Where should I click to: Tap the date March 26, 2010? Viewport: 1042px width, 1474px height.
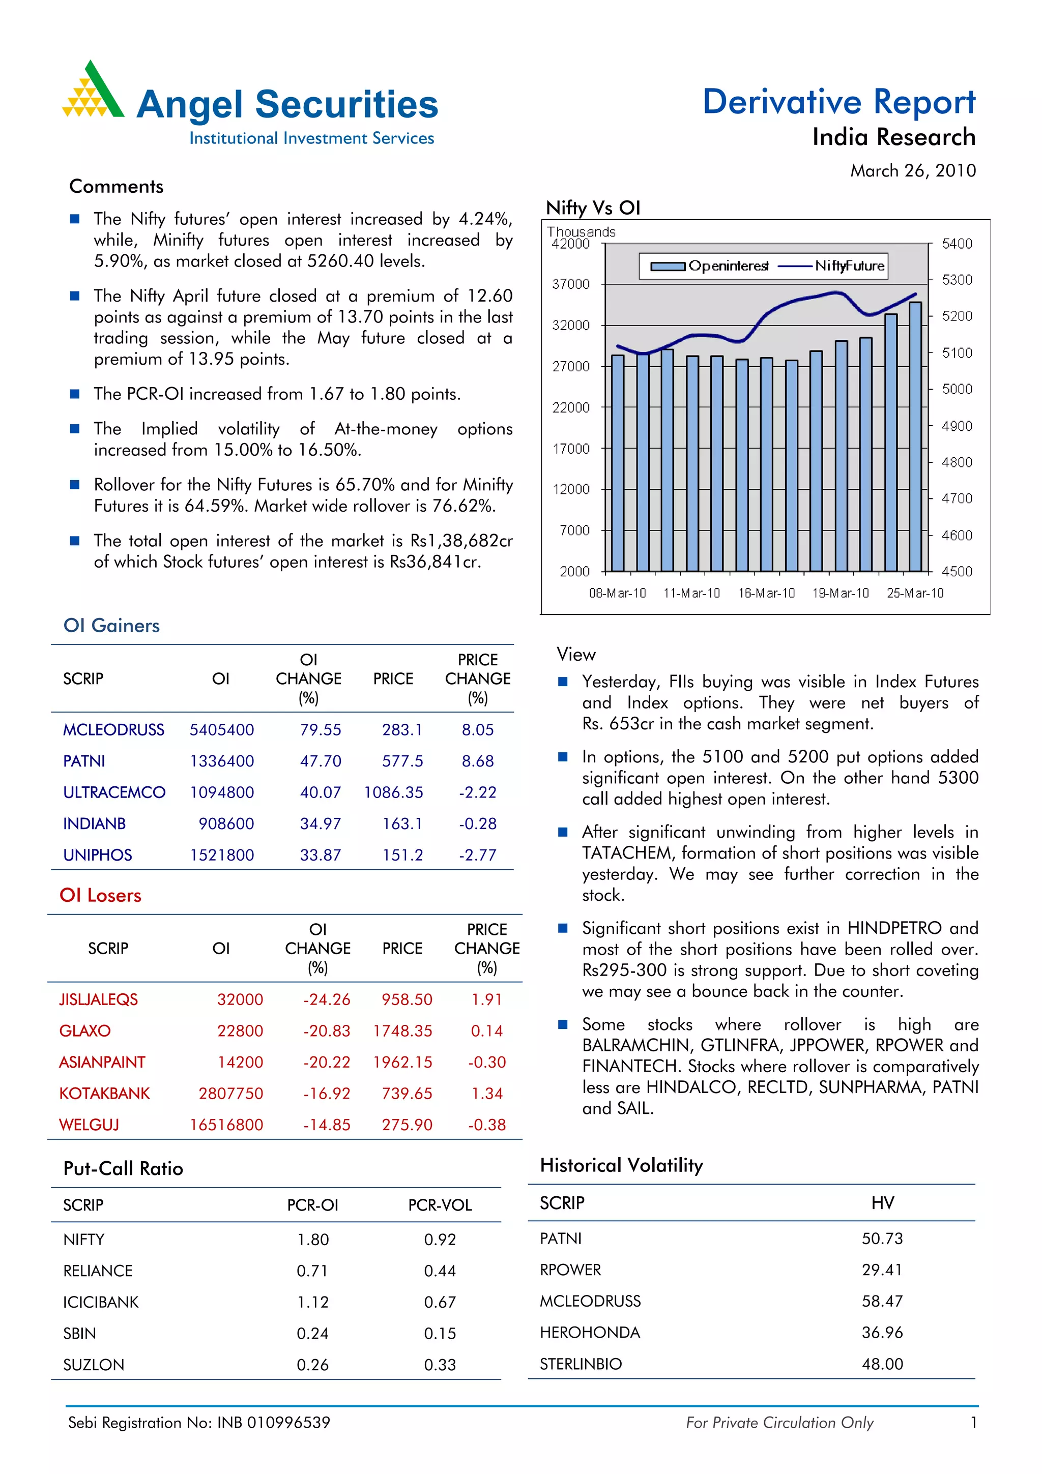(912, 171)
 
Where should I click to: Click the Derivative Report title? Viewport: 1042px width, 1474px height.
(838, 102)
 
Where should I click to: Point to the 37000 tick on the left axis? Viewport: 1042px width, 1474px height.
(571, 284)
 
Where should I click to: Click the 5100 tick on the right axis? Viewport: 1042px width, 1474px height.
(957, 352)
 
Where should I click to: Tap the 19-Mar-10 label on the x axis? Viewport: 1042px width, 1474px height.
(841, 593)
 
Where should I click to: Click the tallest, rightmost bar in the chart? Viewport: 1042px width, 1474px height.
(915, 436)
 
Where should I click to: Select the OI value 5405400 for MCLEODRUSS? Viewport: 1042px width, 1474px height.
(221, 730)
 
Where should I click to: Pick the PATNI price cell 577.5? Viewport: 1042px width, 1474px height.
(402, 761)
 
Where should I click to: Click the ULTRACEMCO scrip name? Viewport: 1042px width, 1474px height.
(114, 793)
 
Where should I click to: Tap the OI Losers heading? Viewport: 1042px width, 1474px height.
(100, 896)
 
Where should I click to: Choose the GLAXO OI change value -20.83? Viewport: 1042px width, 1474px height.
(327, 1031)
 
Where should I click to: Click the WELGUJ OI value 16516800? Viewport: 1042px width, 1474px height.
(226, 1125)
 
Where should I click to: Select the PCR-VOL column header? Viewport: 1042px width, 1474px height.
(440, 1205)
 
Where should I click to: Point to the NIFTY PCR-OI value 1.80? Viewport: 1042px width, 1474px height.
(313, 1240)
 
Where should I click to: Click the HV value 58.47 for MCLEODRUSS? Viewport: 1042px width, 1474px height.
(882, 1301)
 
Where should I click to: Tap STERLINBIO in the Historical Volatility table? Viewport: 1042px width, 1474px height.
(581, 1364)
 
